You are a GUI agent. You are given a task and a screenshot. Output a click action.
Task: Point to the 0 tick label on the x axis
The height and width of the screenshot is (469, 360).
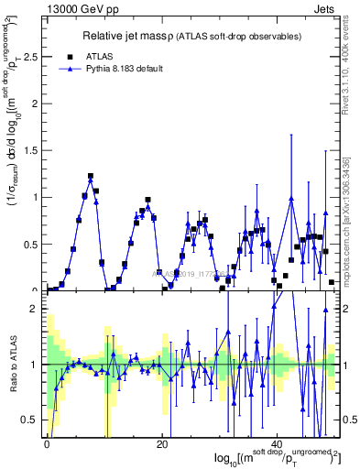coord(47,444)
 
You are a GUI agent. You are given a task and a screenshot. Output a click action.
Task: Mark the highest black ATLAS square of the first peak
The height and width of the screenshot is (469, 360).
coord(91,176)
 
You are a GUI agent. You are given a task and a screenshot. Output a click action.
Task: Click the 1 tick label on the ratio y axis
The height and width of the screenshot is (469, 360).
coord(35,365)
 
